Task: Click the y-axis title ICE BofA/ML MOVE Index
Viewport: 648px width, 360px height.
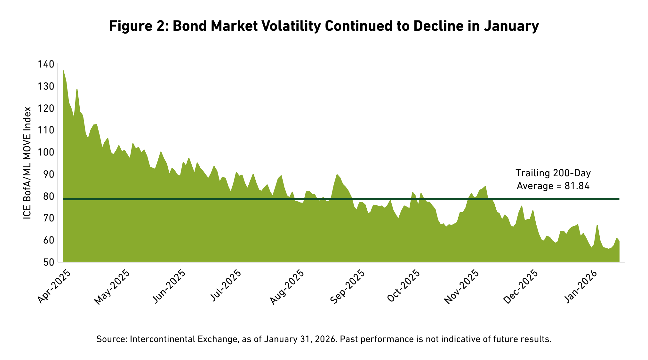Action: coord(28,163)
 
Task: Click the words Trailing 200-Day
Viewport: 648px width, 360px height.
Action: coord(553,173)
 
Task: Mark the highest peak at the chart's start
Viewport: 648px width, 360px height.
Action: coord(63,70)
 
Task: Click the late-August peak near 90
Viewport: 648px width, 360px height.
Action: coord(337,175)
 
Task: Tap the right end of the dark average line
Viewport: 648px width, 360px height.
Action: coord(618,199)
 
